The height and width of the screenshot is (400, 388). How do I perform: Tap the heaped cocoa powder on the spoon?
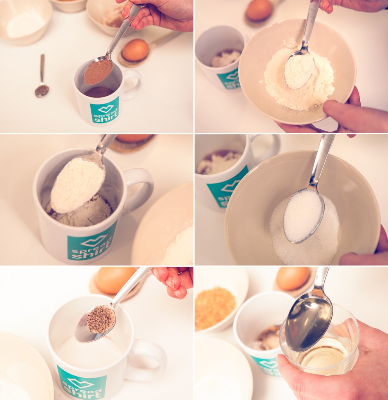[98, 71]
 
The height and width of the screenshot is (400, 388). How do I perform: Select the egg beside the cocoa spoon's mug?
[135, 50]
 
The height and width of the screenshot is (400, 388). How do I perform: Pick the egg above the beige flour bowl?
[259, 10]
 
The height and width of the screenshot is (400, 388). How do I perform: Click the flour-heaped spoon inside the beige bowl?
[299, 70]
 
